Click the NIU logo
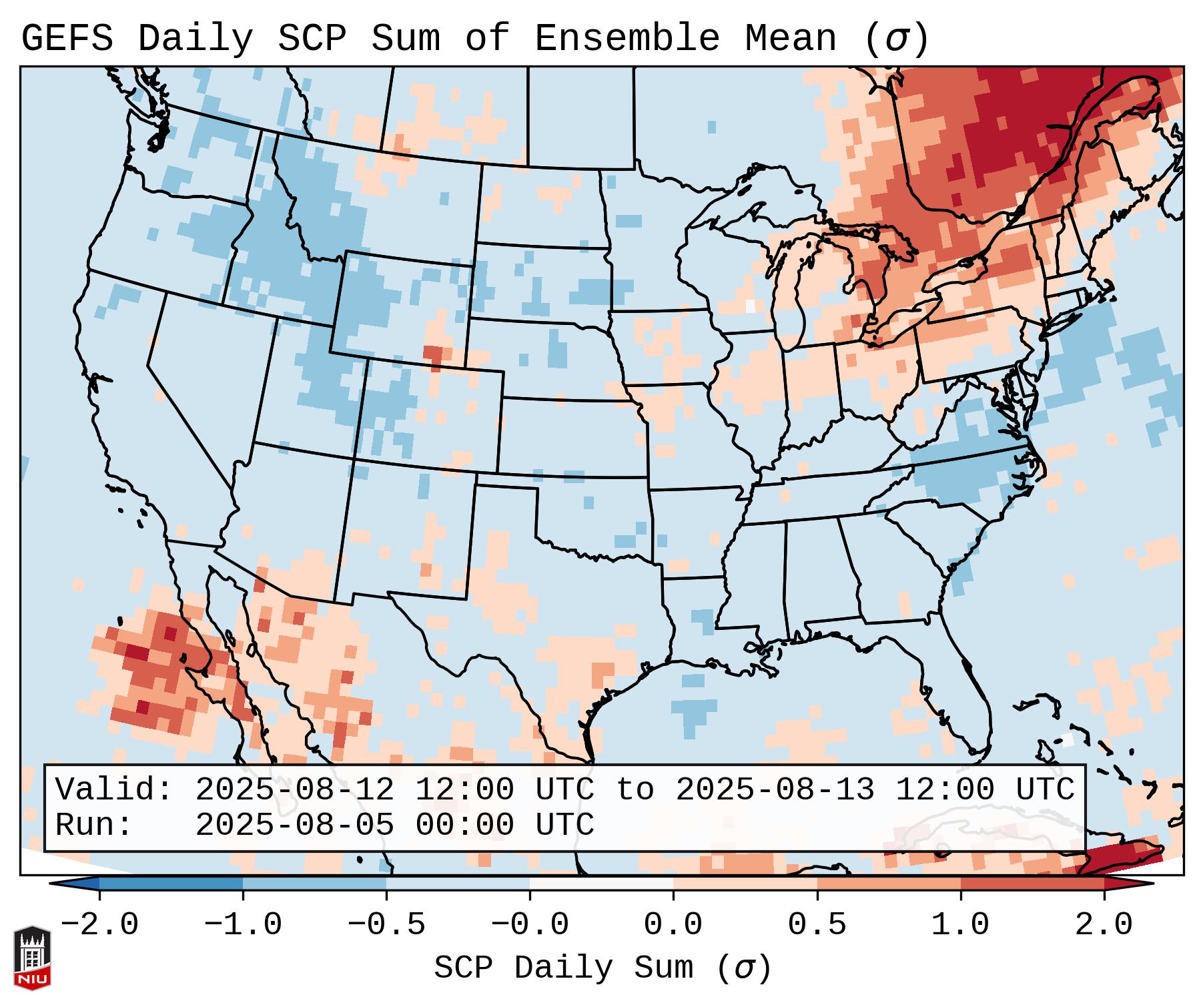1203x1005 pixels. tap(32, 958)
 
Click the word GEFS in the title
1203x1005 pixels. tap(67, 39)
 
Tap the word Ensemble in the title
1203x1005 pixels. tap(627, 39)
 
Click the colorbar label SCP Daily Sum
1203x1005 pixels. tap(563, 968)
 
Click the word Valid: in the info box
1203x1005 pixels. tap(114, 790)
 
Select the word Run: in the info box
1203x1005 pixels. tap(94, 825)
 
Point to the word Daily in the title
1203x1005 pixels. tap(195, 39)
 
